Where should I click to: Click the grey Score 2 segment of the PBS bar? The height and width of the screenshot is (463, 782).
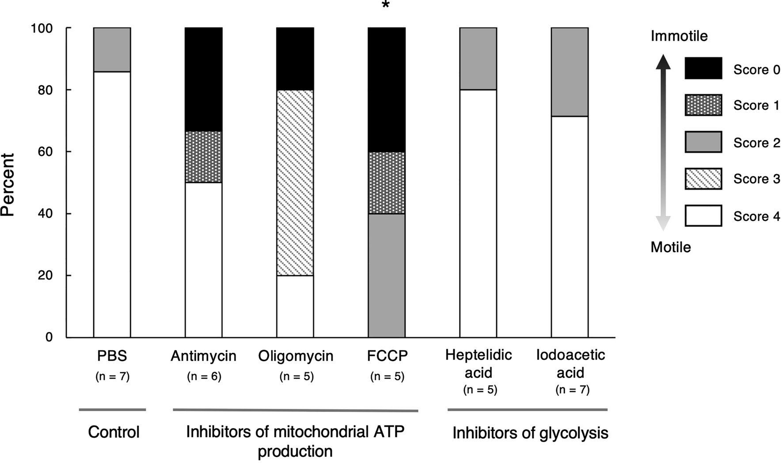[x=112, y=49]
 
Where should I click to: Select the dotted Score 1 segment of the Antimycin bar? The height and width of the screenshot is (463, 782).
[x=203, y=157]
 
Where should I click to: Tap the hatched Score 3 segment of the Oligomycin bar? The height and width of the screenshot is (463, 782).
[x=295, y=182]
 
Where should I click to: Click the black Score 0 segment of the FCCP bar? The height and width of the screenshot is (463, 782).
[x=387, y=90]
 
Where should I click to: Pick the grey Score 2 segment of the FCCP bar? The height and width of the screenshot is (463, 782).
[x=387, y=275]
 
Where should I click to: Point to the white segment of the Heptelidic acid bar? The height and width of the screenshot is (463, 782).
[x=478, y=213]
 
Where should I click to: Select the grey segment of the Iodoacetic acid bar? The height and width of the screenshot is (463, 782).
[x=569, y=72]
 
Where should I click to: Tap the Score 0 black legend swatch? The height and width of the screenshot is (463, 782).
[x=703, y=68]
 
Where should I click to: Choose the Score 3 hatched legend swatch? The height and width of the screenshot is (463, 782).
[x=703, y=178]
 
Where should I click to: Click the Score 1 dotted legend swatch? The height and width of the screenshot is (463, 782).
[x=703, y=105]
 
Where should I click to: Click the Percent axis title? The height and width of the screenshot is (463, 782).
[x=8, y=185]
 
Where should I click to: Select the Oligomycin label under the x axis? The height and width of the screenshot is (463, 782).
[x=296, y=356]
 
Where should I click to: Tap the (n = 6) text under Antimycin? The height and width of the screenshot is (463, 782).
[x=204, y=376]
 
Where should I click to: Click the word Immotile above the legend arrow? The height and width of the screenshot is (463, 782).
[x=679, y=36]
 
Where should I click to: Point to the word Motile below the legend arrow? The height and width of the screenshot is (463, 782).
[x=671, y=247]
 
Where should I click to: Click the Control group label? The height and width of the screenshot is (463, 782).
[x=114, y=432]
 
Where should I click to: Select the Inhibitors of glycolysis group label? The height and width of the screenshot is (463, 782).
[x=530, y=433]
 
